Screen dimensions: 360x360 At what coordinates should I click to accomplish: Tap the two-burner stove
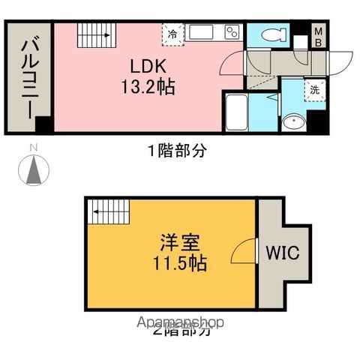point(231,33)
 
